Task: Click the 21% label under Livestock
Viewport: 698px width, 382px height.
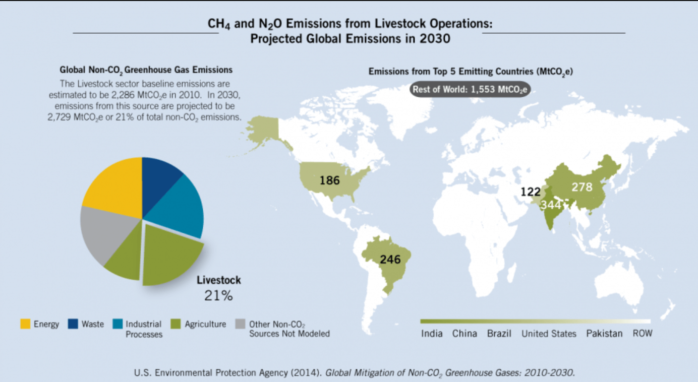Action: click(218, 296)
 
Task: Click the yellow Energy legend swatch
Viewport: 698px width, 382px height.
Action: click(25, 324)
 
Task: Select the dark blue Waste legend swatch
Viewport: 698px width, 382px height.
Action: click(73, 324)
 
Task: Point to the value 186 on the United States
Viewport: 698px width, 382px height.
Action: click(330, 179)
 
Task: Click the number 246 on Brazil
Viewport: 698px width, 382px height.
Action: click(390, 260)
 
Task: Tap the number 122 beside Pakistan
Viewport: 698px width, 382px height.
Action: click(531, 192)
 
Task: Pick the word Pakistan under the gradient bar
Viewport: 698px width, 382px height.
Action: click(604, 334)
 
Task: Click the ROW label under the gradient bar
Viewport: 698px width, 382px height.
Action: click(642, 334)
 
